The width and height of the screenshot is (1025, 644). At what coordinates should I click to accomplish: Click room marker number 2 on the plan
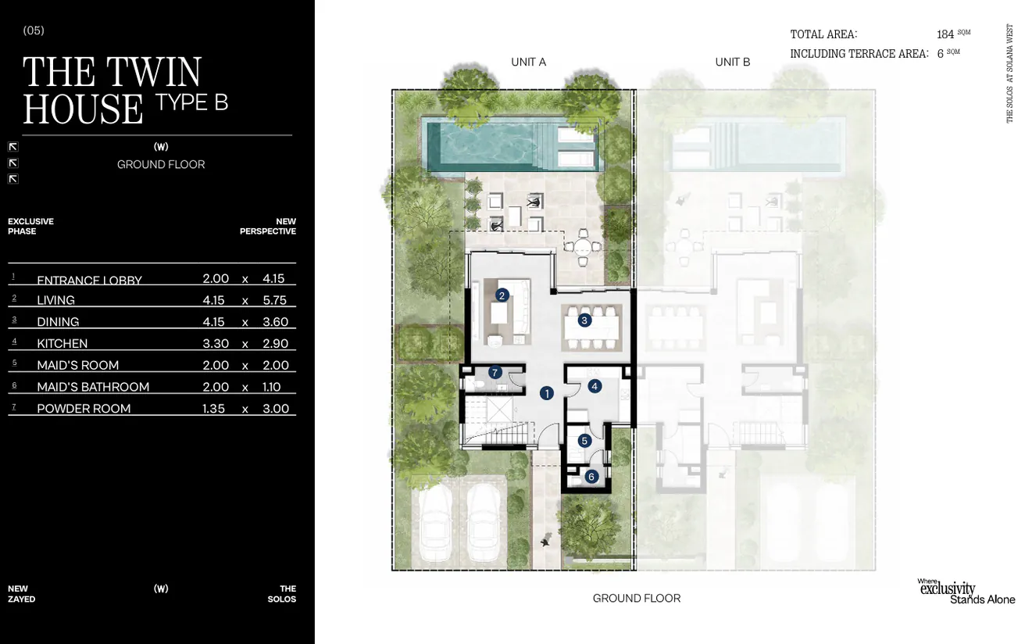coord(502,295)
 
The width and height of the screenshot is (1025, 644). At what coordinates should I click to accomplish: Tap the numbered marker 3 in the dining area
coord(584,320)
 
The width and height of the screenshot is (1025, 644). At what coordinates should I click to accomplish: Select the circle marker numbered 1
coord(547,393)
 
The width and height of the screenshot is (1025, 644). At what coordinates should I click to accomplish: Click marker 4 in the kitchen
coord(595,386)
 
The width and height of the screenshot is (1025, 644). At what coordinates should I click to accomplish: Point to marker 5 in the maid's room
coord(584,441)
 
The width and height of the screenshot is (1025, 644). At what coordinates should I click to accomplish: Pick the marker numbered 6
coord(591,476)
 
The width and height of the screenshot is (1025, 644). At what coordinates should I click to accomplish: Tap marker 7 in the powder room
coord(495,372)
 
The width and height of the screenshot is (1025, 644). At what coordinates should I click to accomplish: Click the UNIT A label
coord(528,62)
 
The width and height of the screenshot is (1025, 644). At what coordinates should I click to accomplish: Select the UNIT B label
coord(732,62)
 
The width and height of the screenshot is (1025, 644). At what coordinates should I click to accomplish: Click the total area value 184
coord(945,34)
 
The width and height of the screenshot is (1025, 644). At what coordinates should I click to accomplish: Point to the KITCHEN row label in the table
coord(62,343)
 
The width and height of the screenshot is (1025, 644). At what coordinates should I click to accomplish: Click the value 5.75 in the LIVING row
coord(275,300)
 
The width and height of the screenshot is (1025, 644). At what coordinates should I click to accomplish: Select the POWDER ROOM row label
coord(84,408)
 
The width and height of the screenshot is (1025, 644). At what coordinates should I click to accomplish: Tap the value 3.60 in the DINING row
coord(275,322)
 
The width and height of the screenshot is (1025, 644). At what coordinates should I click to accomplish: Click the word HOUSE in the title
coord(83,109)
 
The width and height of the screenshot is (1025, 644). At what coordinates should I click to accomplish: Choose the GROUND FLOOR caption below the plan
coord(636,598)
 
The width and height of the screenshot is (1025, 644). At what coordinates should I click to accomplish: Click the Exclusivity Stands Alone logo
coord(966,592)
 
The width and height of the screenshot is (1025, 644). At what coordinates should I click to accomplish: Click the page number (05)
coord(34,30)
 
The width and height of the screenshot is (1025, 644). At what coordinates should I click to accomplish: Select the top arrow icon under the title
coord(13,146)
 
